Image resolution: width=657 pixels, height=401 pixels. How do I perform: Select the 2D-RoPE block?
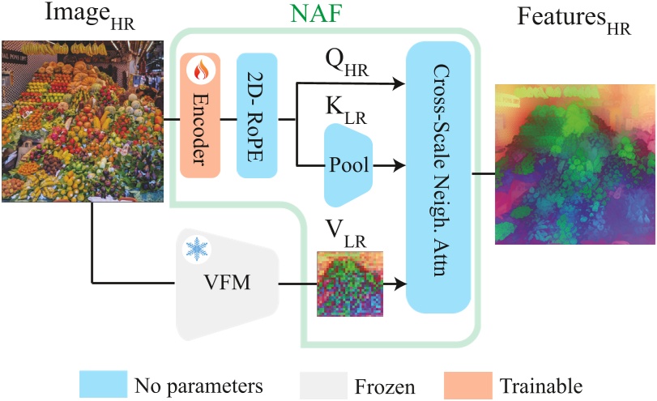pyautogui.click(x=257, y=115)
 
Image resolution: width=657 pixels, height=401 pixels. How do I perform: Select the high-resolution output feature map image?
pyautogui.click(x=574, y=162)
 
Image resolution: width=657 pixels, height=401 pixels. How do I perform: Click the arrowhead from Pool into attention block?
pyautogui.click(x=400, y=166)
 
